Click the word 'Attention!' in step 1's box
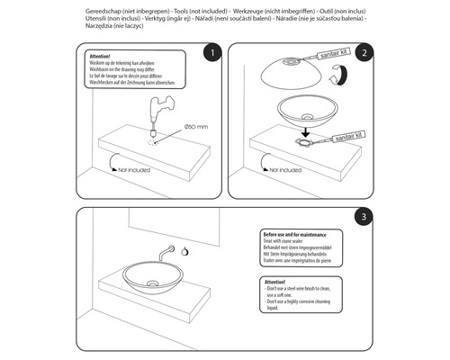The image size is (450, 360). (101, 54)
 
